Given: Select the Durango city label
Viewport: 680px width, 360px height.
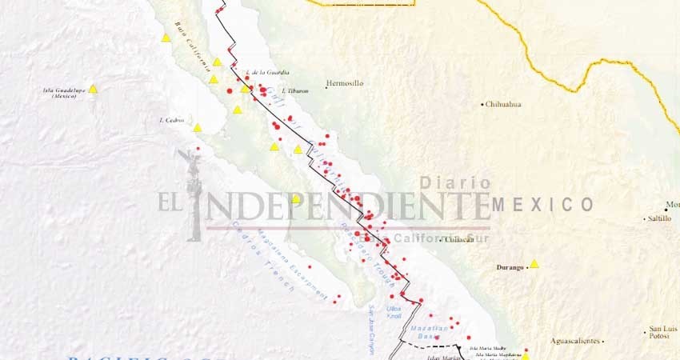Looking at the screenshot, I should [510, 266].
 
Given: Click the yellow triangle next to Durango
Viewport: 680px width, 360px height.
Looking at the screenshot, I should [534, 264].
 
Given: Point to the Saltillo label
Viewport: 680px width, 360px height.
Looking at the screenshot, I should [660, 218].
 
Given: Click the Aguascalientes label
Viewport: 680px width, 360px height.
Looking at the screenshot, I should [575, 341].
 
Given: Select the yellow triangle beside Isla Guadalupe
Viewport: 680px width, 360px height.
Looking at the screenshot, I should [93, 90].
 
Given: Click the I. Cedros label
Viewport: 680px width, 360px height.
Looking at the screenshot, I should [172, 120].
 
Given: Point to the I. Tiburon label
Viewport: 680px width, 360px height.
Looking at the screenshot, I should [294, 90].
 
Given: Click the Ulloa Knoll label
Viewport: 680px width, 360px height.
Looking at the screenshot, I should [394, 311].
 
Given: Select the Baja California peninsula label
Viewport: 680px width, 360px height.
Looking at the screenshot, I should [194, 44].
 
